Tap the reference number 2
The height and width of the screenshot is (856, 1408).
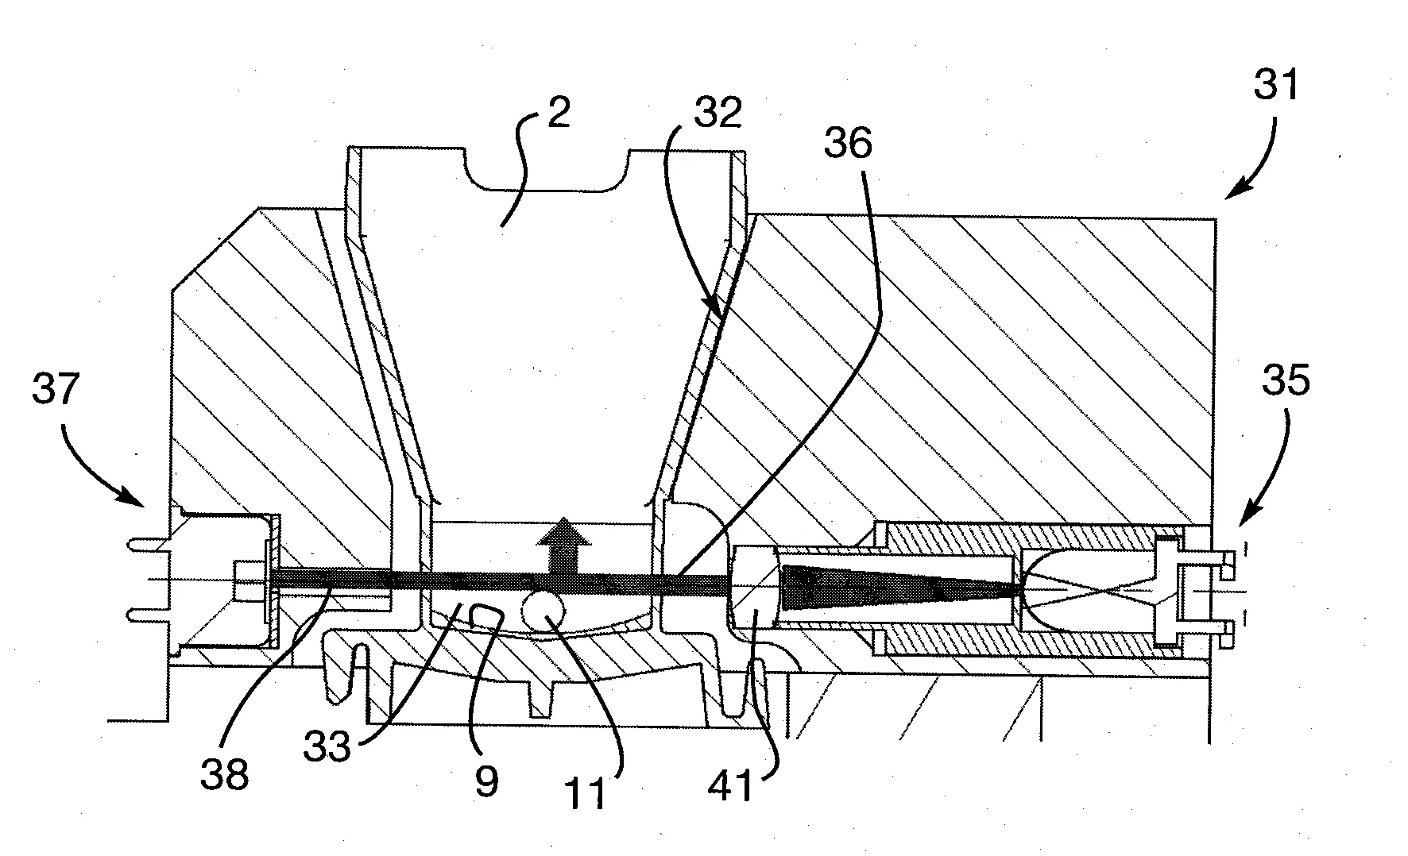click(559, 114)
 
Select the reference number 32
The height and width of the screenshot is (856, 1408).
click(717, 113)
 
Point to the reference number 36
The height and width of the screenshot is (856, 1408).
click(848, 143)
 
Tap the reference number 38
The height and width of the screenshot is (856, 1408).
click(225, 773)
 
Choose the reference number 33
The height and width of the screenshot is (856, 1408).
click(327, 746)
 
